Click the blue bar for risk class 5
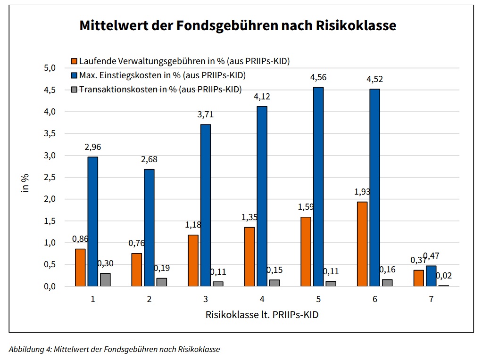click(318, 187)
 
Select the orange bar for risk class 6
click(362, 244)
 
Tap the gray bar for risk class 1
click(105, 279)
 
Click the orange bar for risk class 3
click(193, 260)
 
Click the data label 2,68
click(149, 159)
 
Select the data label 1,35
click(249, 217)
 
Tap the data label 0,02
click(443, 276)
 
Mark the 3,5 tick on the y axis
click(49, 134)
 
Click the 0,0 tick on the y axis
click(49, 286)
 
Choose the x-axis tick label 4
click(262, 299)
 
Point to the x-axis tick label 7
click(431, 299)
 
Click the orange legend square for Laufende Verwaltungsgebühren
click(74, 61)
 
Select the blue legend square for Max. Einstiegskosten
click(74, 75)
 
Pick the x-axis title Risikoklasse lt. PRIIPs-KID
click(262, 314)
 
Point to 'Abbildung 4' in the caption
click(30, 350)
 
